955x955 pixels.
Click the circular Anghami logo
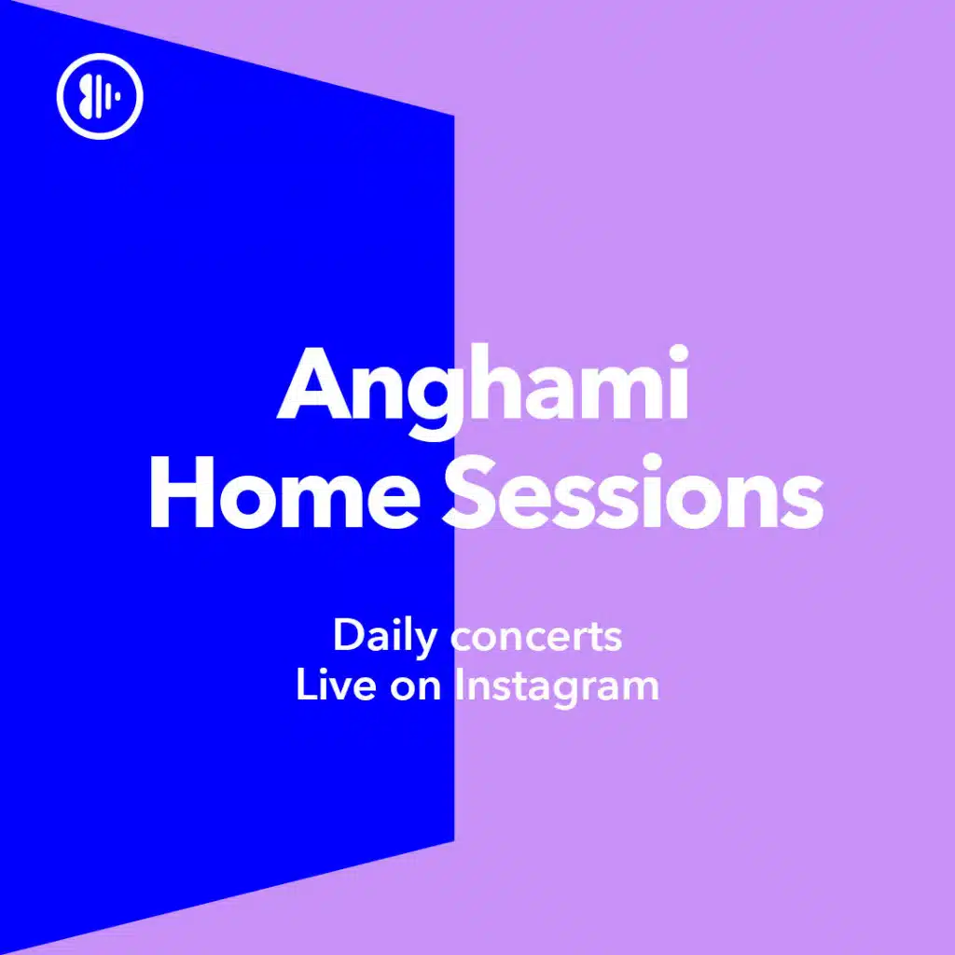pyautogui.click(x=100, y=96)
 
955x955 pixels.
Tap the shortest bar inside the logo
pyautogui.click(x=118, y=96)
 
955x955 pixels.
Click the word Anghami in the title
pyautogui.click(x=483, y=390)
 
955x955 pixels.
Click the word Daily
pyautogui.click(x=385, y=637)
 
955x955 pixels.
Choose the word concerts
pyautogui.click(x=536, y=638)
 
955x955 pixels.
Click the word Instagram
pyautogui.click(x=558, y=687)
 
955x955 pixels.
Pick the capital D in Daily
pyautogui.click(x=348, y=635)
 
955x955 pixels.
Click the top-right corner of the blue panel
pyautogui.click(x=454, y=115)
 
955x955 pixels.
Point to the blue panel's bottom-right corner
pyautogui.click(x=454, y=841)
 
